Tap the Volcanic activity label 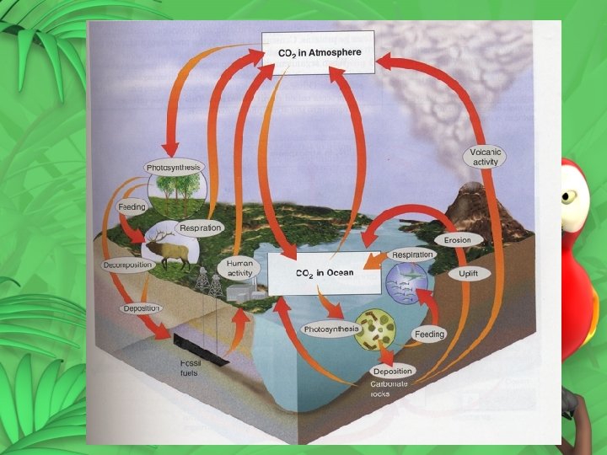tap(486, 157)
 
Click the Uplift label tap(462, 275)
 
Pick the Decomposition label tap(127, 265)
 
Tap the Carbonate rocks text tap(389, 388)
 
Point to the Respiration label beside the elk tap(200, 227)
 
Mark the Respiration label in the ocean tap(412, 254)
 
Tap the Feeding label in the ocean tap(428, 335)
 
